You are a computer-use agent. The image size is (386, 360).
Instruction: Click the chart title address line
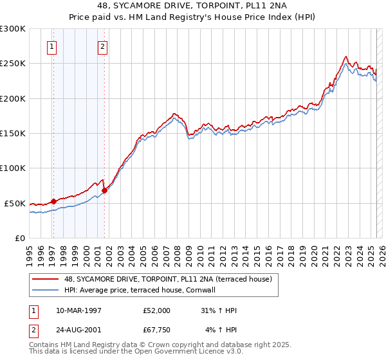pos(192,6)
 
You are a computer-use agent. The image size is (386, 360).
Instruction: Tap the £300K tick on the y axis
pos(13,29)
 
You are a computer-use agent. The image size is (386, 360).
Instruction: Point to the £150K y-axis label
pos(13,134)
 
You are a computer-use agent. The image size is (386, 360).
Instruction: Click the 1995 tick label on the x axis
pos(30,251)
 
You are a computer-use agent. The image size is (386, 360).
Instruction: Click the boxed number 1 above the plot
pos(51,46)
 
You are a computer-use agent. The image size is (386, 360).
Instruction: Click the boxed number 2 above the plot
pos(102,46)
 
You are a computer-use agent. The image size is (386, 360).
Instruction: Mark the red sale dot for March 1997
pos(54,201)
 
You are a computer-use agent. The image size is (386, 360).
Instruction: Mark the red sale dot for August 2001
pos(104,190)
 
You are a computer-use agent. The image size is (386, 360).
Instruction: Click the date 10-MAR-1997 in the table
pos(79,310)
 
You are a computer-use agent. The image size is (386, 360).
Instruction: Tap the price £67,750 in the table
pos(156,330)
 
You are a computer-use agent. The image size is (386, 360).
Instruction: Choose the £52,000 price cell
pos(156,310)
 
